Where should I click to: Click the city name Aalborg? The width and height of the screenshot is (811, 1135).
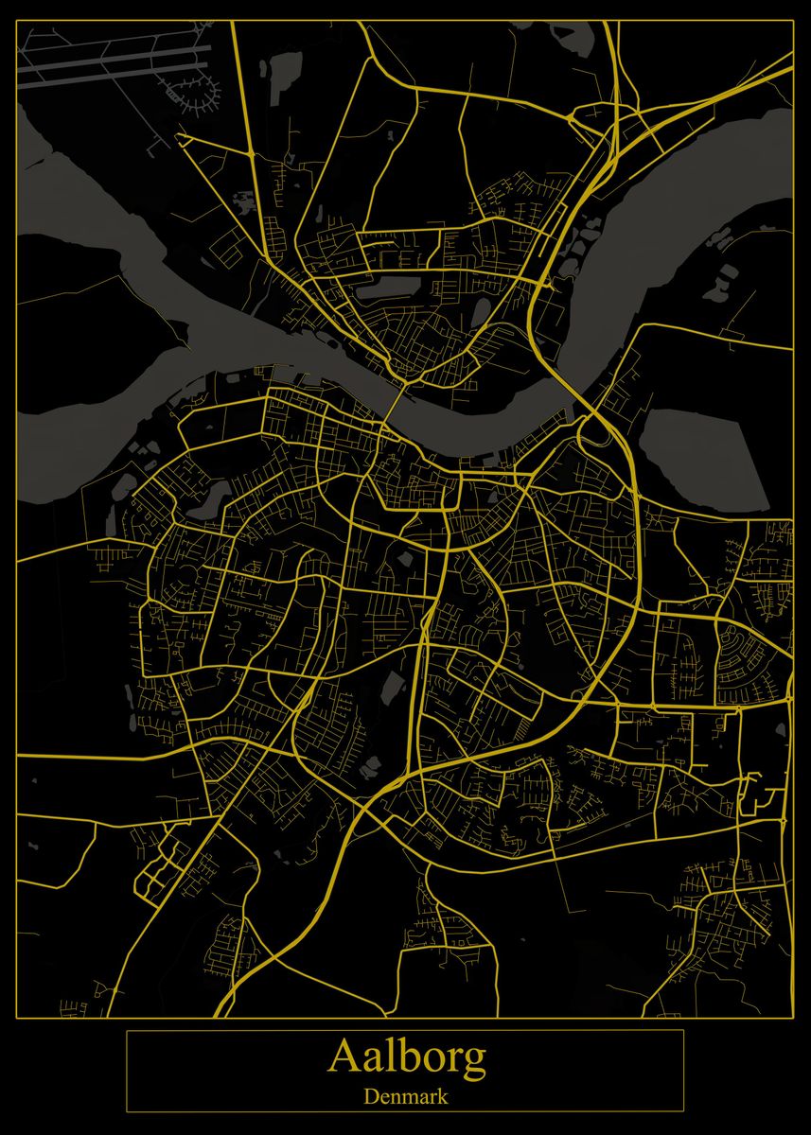(x=406, y=1057)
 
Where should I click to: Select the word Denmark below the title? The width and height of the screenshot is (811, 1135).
(x=406, y=1097)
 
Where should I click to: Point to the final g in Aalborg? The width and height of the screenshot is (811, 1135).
(x=474, y=1061)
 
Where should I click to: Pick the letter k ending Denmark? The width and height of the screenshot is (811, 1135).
(x=443, y=1097)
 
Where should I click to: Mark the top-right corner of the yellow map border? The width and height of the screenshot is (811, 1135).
(x=792, y=22)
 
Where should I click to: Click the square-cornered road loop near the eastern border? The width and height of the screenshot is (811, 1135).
(x=757, y=794)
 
